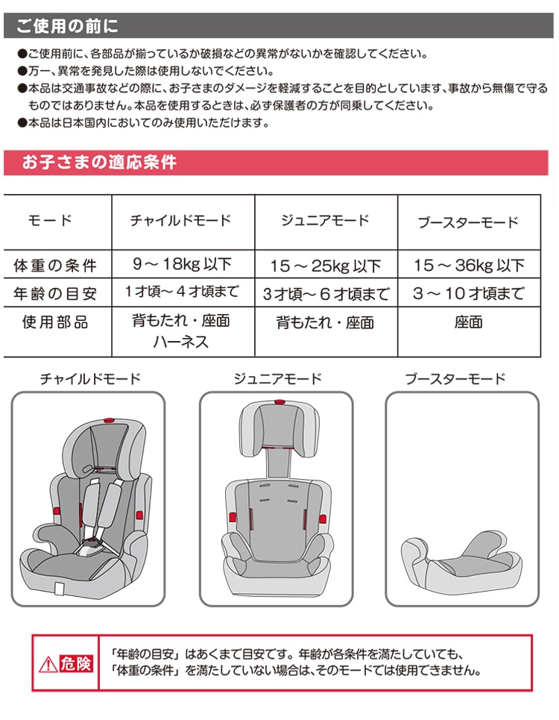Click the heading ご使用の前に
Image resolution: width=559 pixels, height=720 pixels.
point(67,25)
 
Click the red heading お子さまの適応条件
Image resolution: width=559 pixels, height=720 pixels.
point(99,162)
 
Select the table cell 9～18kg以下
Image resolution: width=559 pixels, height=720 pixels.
point(183,264)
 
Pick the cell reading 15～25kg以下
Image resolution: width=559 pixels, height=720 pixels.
point(326,266)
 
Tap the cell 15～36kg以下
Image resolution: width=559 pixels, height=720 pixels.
point(469,265)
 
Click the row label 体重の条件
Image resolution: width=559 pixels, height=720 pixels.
point(55,266)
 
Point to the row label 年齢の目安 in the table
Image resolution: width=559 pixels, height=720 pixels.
point(55,293)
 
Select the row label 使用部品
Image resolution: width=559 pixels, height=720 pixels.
point(55,322)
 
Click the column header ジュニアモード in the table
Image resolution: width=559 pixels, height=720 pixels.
point(325,220)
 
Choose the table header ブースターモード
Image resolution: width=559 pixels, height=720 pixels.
point(468,222)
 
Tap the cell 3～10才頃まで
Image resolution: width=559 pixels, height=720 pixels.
point(469,293)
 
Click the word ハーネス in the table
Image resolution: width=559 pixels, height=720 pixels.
point(181,342)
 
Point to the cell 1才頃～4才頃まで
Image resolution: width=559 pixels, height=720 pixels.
point(182,292)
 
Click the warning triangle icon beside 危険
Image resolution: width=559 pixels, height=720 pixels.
point(48,663)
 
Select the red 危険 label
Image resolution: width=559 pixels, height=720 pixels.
point(76,663)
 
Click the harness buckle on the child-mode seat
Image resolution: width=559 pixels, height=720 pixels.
point(91,546)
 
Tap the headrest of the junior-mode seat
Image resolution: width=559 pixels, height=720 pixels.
point(279,428)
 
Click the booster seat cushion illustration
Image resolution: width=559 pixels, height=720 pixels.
point(461,562)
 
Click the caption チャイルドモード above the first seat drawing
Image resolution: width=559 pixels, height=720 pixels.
point(90,379)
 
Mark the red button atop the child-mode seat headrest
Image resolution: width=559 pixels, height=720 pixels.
point(109,420)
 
